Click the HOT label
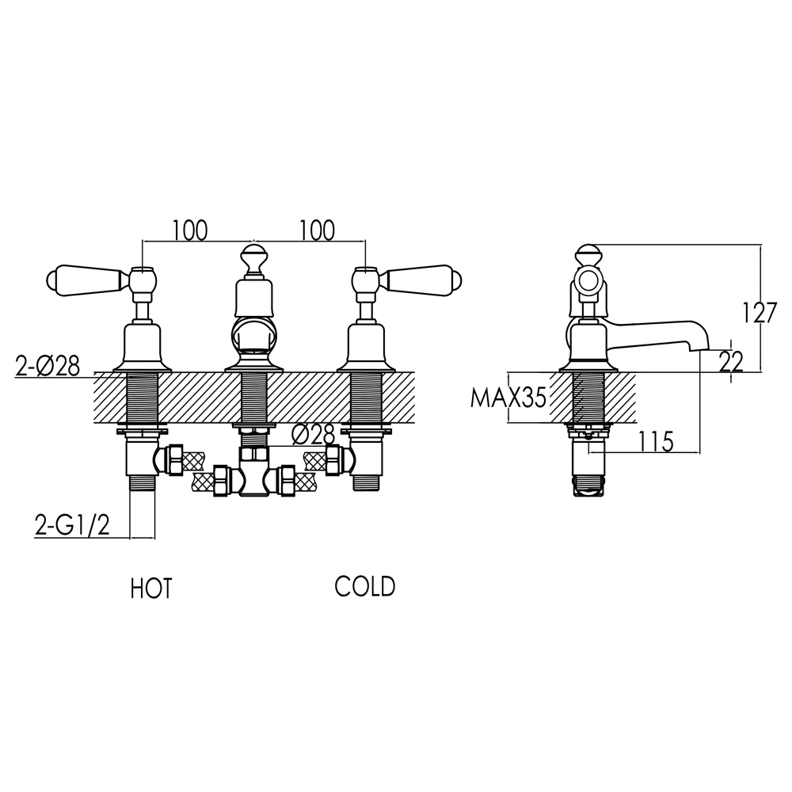(151, 589)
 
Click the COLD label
(364, 587)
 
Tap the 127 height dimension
(758, 313)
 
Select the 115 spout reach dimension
(656, 442)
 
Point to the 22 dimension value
(730, 362)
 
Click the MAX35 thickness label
(508, 398)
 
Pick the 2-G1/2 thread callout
(72, 525)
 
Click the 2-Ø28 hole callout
(48, 366)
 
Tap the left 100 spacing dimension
(190, 230)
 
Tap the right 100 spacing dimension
(318, 230)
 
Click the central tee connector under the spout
(254, 470)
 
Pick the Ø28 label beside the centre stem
(314, 435)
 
